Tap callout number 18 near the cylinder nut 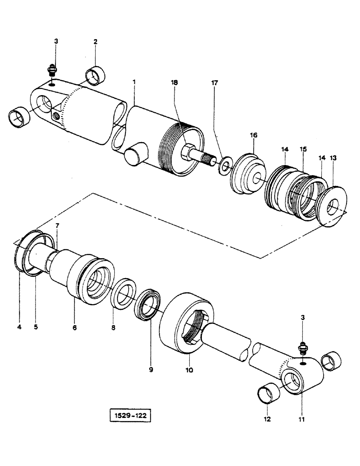click(174, 82)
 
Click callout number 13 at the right click(333, 158)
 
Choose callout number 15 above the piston click(303, 149)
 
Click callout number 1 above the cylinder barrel click(134, 82)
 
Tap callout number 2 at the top click(95, 41)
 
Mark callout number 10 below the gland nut click(189, 371)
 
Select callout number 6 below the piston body click(74, 328)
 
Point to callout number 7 click(57, 226)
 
